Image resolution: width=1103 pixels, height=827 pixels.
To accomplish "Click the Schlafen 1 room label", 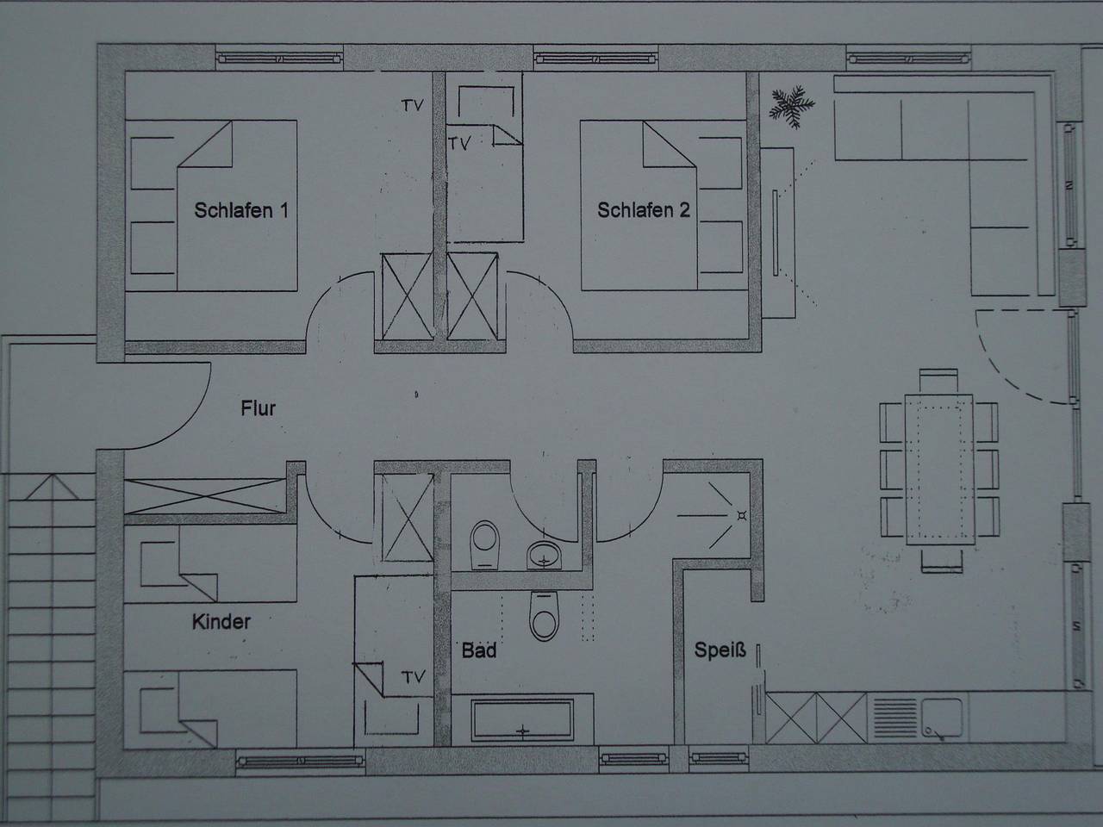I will tap(240, 210).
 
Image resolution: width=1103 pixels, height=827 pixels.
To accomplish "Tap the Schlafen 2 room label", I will tap(643, 210).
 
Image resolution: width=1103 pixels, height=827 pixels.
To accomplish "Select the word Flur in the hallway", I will tap(258, 407).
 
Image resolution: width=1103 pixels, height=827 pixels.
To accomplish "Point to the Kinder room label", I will tap(221, 621).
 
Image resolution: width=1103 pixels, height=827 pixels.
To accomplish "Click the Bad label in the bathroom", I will tap(478, 650).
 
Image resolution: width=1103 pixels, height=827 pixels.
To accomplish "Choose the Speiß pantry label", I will tap(720, 650).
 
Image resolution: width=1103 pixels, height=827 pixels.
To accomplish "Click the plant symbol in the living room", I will tap(791, 106).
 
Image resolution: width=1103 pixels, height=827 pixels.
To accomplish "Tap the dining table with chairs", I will tap(938, 470).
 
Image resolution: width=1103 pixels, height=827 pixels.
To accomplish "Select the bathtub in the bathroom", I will tap(522, 720).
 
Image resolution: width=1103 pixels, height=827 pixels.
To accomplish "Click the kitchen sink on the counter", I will tap(944, 718).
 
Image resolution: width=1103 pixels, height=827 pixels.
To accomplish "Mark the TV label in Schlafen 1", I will tap(413, 106).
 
